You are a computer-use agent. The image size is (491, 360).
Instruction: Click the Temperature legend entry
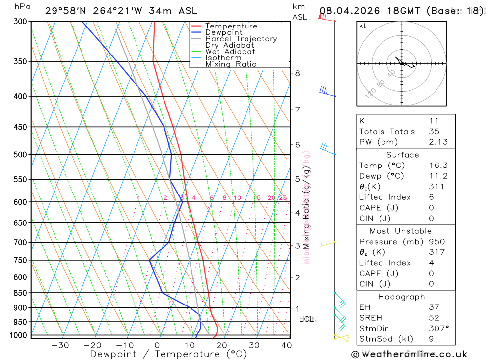click(x=231, y=26)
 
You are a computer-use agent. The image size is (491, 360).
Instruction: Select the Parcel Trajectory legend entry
click(x=241, y=39)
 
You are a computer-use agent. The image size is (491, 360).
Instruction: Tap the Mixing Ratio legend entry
click(x=231, y=64)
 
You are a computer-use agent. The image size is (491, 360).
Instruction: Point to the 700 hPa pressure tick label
click(x=20, y=242)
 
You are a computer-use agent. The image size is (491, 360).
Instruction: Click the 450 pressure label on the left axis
click(x=20, y=127)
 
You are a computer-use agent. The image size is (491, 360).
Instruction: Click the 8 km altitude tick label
click(x=297, y=73)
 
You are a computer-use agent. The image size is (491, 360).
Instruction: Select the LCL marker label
click(x=306, y=319)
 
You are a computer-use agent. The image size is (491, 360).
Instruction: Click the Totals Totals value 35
click(x=434, y=131)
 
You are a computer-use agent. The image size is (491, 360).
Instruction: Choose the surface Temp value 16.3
click(x=438, y=166)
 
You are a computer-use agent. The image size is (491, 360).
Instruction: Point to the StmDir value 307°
click(x=438, y=328)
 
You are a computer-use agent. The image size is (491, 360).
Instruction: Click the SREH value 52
click(x=434, y=318)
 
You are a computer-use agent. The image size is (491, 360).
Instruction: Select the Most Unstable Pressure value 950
click(x=436, y=242)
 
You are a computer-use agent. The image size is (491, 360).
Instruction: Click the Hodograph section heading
click(x=402, y=297)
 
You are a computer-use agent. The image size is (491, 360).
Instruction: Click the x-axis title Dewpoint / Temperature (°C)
click(x=168, y=354)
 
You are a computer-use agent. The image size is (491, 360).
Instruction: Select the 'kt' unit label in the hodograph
click(x=362, y=26)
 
